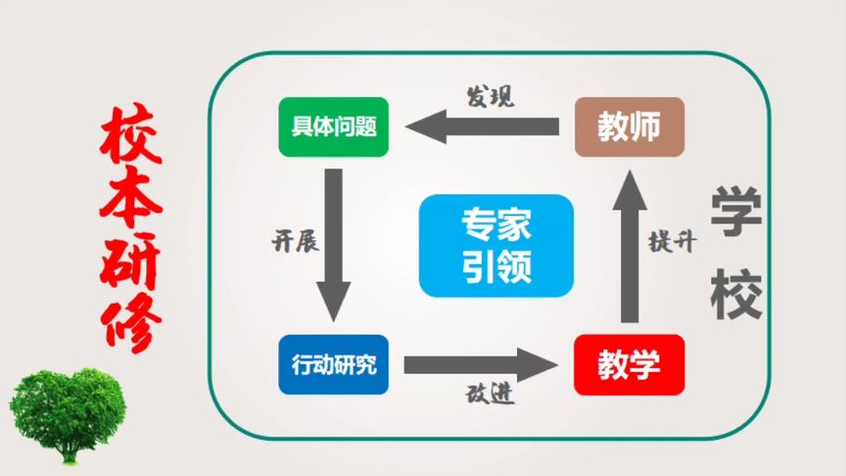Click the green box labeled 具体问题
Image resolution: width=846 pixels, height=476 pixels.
click(334, 127)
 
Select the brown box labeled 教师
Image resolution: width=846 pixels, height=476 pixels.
click(628, 126)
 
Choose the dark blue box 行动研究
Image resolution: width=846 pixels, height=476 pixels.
click(334, 364)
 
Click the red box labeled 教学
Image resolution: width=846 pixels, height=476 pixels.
click(629, 364)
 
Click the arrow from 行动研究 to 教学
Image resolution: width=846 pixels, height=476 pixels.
click(481, 365)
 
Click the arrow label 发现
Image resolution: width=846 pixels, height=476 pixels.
click(490, 96)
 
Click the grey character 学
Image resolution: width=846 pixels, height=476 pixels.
click(736, 211)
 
